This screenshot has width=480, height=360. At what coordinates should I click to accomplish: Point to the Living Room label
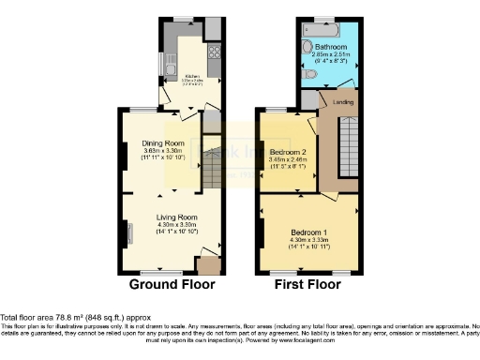pos(175,217)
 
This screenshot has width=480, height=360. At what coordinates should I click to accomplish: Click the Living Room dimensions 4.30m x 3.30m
pos(175,225)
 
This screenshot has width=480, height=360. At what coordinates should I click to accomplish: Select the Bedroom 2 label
pos(288,152)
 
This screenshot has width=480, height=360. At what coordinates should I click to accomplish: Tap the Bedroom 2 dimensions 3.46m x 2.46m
pos(288,160)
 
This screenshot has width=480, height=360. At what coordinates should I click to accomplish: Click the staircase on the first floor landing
pos(348,142)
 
